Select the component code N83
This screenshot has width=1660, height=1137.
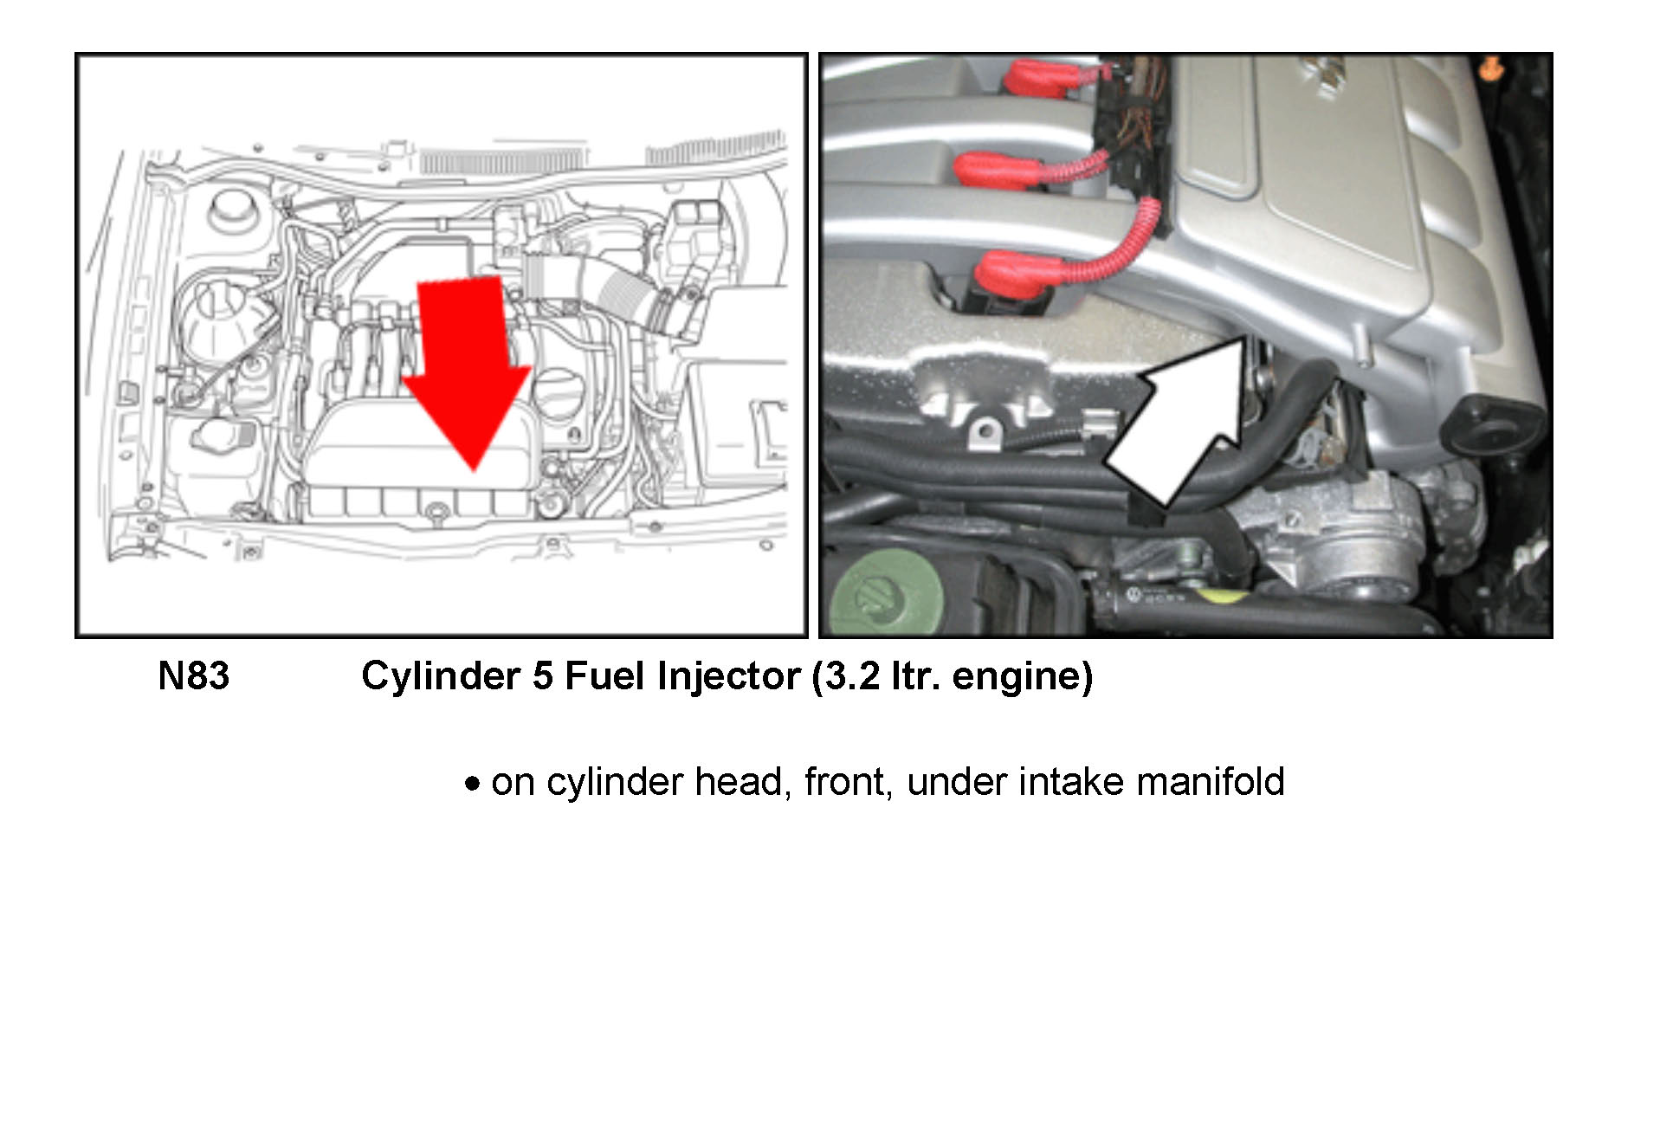click(194, 676)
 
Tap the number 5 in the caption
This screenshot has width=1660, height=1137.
click(543, 676)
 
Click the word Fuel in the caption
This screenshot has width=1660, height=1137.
click(605, 676)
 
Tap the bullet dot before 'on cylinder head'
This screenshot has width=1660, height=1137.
click(472, 785)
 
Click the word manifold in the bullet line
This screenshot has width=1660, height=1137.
click(1211, 781)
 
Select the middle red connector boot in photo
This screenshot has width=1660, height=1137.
click(996, 170)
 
